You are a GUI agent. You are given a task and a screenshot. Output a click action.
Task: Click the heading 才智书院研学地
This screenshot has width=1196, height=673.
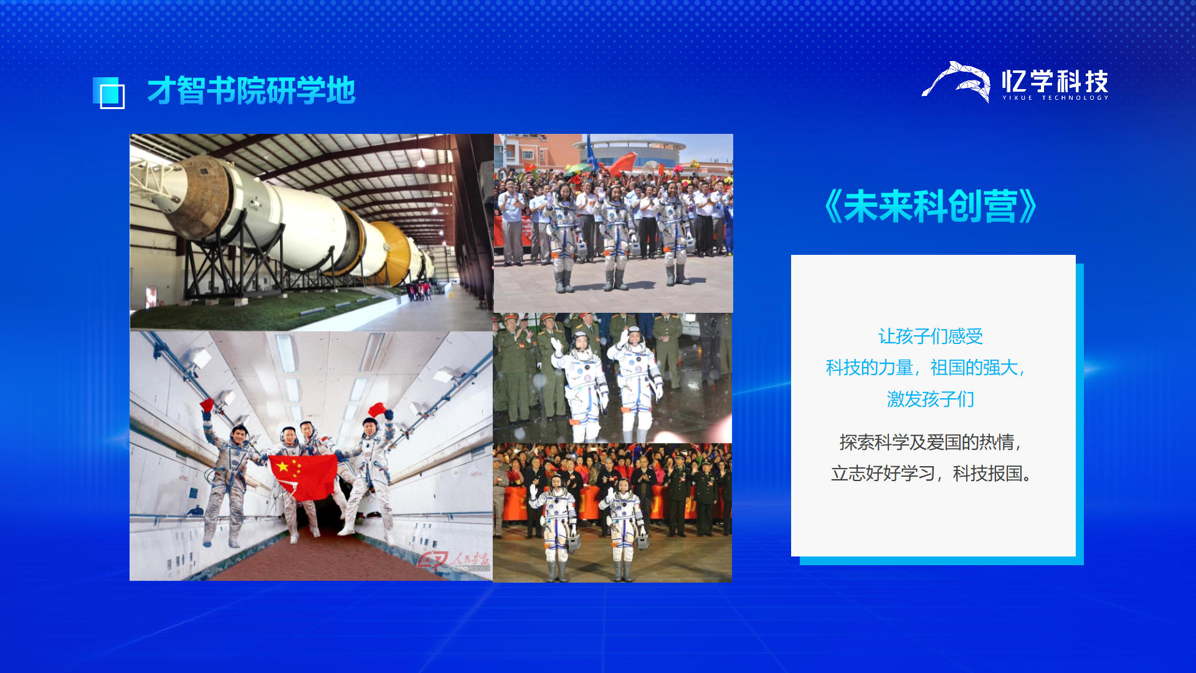click(x=251, y=91)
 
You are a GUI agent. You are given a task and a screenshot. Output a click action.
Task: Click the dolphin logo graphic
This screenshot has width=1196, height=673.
click(x=956, y=82)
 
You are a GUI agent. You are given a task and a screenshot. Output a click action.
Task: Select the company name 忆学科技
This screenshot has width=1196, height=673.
click(x=1055, y=80)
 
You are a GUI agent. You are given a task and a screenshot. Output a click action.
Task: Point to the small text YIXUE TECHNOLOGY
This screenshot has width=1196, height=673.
click(x=1055, y=98)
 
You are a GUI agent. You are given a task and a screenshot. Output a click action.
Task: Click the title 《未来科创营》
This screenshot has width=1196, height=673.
click(x=931, y=206)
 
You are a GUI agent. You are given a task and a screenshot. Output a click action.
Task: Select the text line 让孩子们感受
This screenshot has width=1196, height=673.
click(x=931, y=336)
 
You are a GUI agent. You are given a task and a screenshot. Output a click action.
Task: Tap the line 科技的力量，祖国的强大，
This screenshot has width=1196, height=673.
click(x=926, y=368)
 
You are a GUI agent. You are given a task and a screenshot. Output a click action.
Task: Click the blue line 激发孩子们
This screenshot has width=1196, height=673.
click(x=931, y=399)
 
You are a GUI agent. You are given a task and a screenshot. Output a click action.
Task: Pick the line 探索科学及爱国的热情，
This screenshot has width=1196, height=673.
click(x=931, y=442)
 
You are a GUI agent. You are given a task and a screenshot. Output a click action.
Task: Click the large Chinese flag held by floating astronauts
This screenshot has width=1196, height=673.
click(x=303, y=477)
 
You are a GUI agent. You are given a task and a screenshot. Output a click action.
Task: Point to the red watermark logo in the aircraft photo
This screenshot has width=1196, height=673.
click(x=453, y=560)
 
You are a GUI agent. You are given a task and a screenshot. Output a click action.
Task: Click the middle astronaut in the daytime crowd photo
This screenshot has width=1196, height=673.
click(x=616, y=236)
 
